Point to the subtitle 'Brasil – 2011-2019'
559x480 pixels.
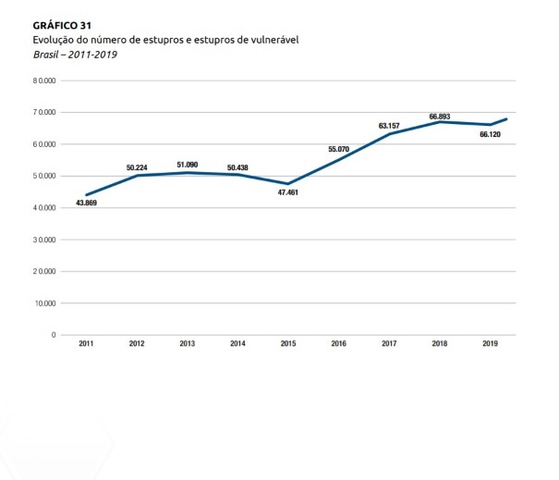[x=75, y=54]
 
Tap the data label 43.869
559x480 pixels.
[x=86, y=203]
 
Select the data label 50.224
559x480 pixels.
[x=138, y=167]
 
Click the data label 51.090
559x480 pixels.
[x=187, y=165]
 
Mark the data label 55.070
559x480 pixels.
[x=338, y=149]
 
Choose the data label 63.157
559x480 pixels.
[x=389, y=126]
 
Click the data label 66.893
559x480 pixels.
[x=440, y=117]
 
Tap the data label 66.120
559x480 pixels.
[x=490, y=134]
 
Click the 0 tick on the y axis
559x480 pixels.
[x=55, y=335]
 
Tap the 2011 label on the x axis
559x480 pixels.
[x=86, y=344]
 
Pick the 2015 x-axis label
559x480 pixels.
[x=288, y=344]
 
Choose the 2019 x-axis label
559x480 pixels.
[x=490, y=344]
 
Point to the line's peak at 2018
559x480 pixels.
[x=440, y=122]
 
